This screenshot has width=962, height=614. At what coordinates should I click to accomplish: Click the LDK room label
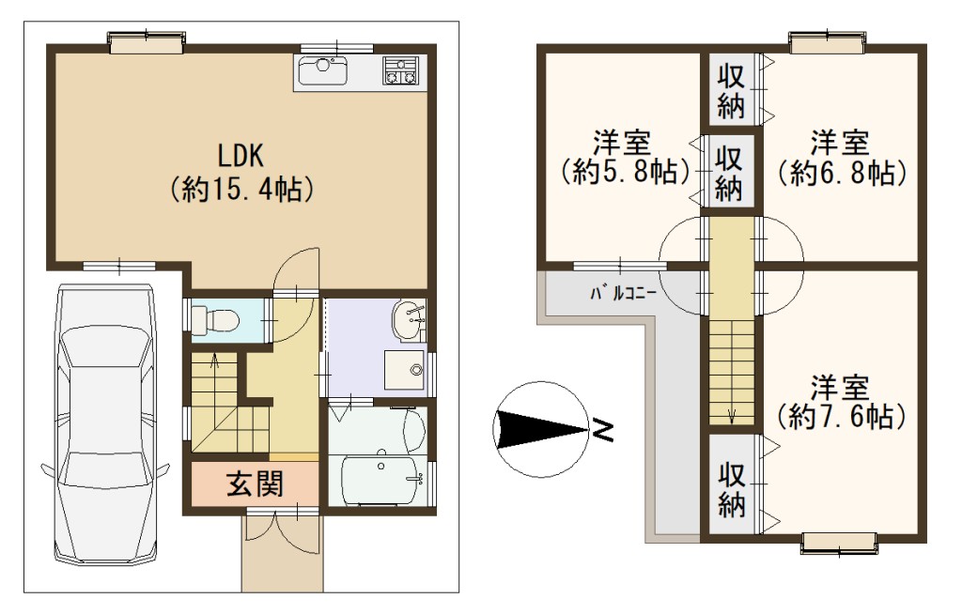[241, 156]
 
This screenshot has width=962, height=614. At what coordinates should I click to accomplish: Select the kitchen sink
[323, 70]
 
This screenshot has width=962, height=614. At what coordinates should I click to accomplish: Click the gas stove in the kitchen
[400, 70]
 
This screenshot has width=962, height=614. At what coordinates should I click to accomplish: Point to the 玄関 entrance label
[255, 484]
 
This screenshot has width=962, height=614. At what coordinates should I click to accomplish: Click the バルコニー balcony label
[624, 293]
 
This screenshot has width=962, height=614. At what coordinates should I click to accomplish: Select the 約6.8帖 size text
[841, 173]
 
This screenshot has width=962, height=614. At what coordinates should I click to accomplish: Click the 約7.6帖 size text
[841, 417]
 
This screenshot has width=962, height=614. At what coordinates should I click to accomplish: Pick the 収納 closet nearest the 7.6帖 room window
[731, 488]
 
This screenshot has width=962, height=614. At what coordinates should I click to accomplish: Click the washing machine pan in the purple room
[404, 370]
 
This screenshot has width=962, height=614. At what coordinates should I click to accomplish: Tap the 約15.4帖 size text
[241, 190]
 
